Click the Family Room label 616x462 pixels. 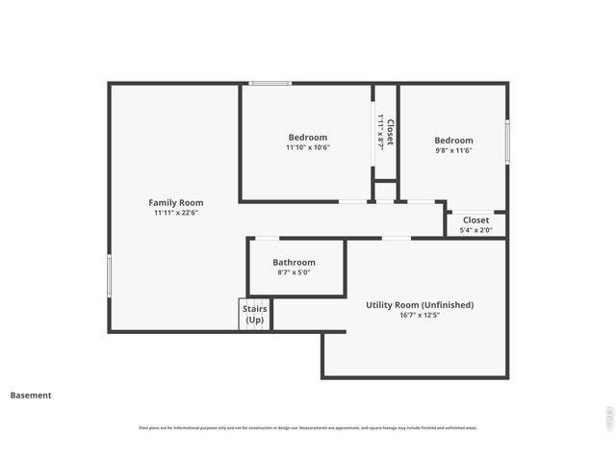[175, 202]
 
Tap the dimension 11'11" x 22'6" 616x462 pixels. [175, 214]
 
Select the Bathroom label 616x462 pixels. [294, 262]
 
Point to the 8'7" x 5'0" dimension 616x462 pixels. [294, 272]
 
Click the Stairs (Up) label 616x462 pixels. [255, 314]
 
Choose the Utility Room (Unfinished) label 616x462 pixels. [420, 305]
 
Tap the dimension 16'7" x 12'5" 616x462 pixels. [420, 316]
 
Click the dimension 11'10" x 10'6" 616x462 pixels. [308, 148]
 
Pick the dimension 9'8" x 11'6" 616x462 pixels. [454, 151]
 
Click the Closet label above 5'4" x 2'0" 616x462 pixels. [475, 220]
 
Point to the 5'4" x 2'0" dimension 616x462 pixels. [475, 230]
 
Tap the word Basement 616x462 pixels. [31, 395]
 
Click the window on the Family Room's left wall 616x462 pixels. [109, 275]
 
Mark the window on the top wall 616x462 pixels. [270, 84]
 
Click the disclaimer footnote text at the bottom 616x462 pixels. [308, 428]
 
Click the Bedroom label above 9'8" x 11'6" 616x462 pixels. [454, 141]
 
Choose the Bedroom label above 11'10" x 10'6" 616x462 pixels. [308, 138]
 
